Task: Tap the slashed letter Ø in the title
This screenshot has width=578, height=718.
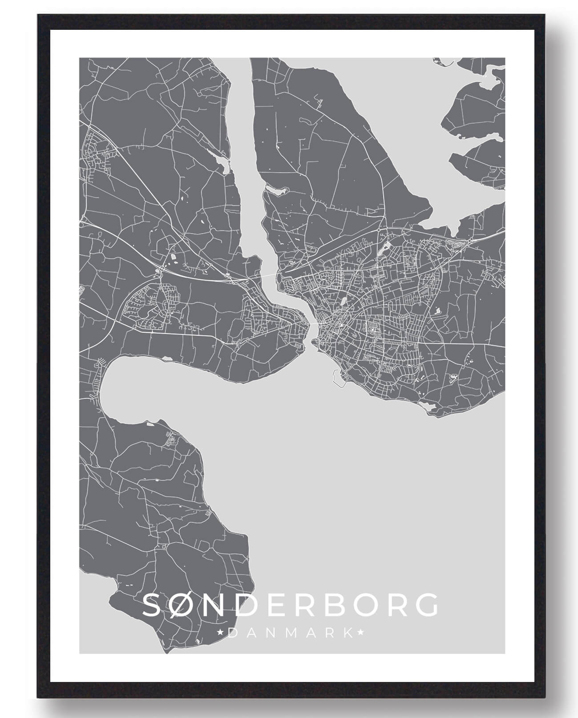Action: click(188, 604)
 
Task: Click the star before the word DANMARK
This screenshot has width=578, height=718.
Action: click(219, 632)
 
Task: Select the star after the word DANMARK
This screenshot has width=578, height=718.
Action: click(360, 632)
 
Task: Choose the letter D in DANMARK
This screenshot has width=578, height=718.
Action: click(232, 632)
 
